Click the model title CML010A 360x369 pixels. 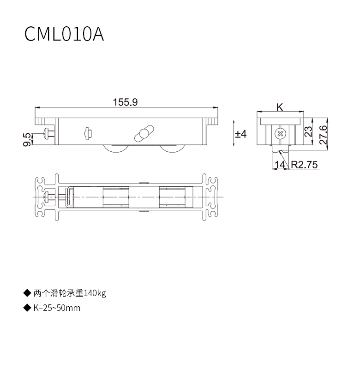click(64, 34)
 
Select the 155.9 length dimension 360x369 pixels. click(125, 102)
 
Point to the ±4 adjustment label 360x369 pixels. click(240, 134)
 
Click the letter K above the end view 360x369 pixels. click(280, 107)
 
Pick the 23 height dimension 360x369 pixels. click(308, 132)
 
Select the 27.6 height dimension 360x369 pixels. click(323, 135)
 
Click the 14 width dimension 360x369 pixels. click(280, 165)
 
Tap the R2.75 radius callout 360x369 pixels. click(304, 165)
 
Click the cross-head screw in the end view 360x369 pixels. click(280, 134)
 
